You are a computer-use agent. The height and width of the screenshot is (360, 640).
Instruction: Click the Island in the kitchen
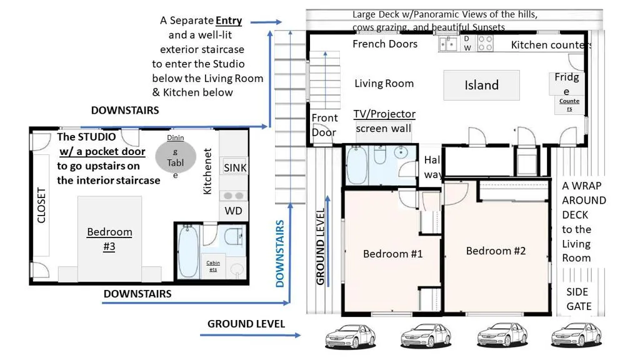pos(482,85)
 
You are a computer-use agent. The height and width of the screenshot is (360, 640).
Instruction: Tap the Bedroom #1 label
pos(392,254)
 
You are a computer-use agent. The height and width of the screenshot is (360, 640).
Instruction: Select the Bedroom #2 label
pos(496,251)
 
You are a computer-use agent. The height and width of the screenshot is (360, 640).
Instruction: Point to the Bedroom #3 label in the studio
pos(109,239)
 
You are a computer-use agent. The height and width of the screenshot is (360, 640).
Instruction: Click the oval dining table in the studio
pos(176,156)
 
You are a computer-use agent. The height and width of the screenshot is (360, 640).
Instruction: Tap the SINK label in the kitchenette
pos(235,167)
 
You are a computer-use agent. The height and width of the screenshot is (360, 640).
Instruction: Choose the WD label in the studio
pos(234,211)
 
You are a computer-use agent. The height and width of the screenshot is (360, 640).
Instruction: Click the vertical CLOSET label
pos(41,205)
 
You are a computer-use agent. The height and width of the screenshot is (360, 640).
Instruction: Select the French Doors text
pos(385,44)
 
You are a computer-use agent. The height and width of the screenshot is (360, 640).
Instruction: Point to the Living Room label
pos(384,84)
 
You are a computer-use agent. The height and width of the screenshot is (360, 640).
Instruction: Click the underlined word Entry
pos(229,21)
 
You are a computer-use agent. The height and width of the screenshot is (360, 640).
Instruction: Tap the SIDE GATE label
pos(579,299)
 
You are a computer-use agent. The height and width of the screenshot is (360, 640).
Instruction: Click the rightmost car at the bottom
pos(576,335)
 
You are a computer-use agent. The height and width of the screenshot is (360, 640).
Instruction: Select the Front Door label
pos(324,125)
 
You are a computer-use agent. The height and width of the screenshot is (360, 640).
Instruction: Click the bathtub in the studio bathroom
pos(188,251)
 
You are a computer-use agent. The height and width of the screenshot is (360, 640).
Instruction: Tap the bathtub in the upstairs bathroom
pos(357,165)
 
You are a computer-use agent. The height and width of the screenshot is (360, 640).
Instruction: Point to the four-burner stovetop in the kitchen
pos(485,43)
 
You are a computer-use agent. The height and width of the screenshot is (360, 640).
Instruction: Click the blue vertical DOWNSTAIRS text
pos(279,254)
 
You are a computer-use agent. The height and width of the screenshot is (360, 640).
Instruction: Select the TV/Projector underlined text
pos(384,114)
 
